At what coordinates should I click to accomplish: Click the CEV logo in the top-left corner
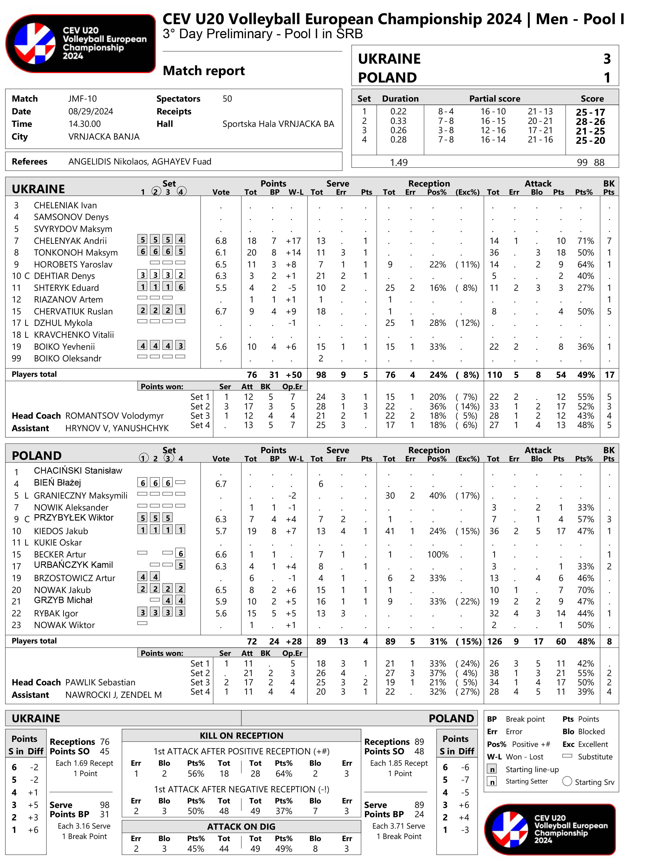(81, 43)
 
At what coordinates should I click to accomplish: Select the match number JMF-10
(82, 99)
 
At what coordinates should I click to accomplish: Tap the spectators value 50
(227, 99)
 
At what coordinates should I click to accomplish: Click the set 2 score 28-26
(590, 122)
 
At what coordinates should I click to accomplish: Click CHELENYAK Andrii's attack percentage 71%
(585, 240)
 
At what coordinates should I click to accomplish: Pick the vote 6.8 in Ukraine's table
(221, 240)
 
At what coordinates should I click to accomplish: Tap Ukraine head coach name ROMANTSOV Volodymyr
(114, 416)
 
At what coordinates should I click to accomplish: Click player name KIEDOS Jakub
(61, 531)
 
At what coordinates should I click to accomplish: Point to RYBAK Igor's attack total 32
(494, 613)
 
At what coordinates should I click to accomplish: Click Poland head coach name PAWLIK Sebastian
(100, 682)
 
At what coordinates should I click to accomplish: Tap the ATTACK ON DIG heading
(241, 827)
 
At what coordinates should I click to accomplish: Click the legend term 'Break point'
(525, 719)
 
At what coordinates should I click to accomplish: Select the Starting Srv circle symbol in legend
(567, 781)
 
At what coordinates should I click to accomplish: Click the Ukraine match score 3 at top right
(607, 59)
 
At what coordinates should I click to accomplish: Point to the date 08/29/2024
(90, 111)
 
